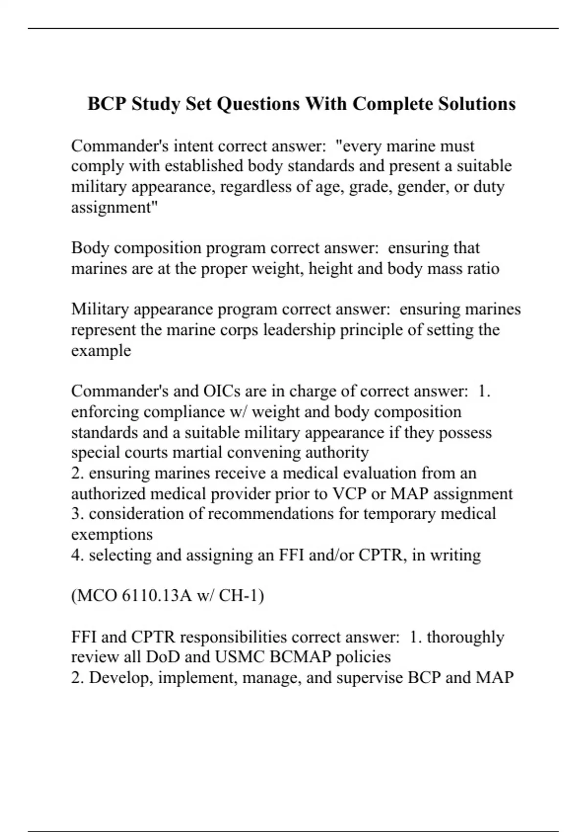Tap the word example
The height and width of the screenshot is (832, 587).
101,350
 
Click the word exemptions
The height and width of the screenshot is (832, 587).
112,534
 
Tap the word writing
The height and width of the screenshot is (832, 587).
455,555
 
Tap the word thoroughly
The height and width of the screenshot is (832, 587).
465,637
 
